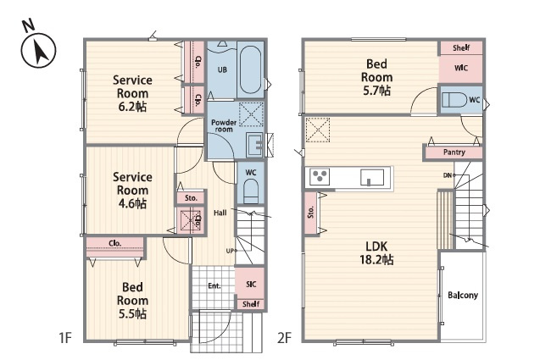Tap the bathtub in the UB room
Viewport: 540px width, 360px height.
coord(250,69)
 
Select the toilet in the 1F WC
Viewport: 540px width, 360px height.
coord(251,192)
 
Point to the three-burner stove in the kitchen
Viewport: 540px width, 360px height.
coord(320,177)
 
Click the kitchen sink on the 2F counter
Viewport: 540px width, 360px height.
coord(372,178)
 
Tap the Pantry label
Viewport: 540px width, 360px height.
coord(454,152)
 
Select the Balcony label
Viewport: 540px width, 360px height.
coord(463,295)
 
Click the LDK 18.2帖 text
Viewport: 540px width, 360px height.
coord(376,252)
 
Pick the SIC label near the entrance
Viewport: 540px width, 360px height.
coord(251,284)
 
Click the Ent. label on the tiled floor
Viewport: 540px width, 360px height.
coord(214,285)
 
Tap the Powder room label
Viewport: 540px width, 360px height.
coord(224,125)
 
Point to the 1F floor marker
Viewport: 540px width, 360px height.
coord(65,338)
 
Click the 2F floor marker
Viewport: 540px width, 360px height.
coord(285,338)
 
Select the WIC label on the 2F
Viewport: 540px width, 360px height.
coord(461,68)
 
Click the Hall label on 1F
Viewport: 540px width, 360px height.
coord(220,213)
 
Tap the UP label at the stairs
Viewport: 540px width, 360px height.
coord(230,251)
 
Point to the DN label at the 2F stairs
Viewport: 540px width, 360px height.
coord(448,175)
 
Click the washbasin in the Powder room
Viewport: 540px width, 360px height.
coord(255,144)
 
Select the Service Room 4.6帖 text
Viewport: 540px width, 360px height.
coord(132,190)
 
